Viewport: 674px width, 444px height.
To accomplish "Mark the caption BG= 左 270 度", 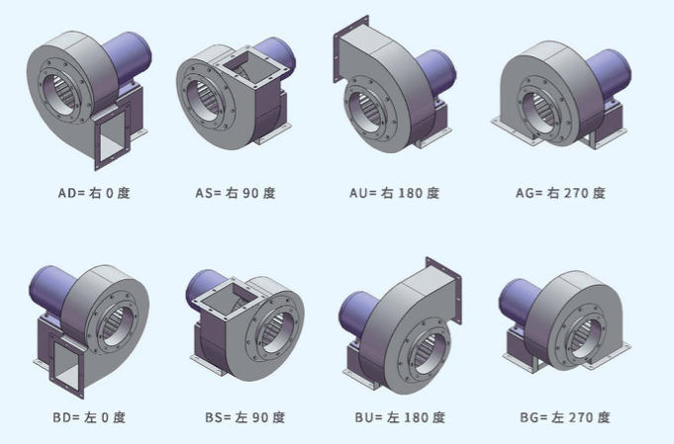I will point(565,417).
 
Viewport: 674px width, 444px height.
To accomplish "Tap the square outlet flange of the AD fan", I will point(111,137).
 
